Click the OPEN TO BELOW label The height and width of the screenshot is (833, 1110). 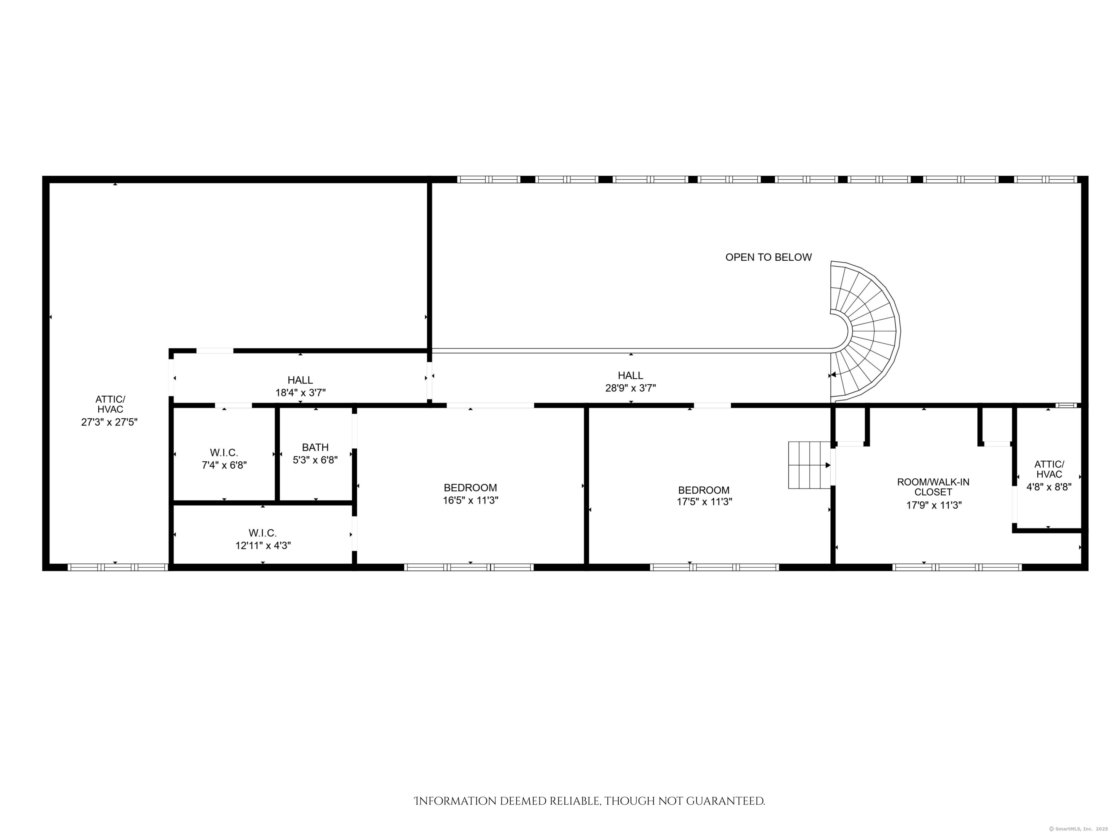[x=768, y=257]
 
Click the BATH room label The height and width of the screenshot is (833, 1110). [x=315, y=447]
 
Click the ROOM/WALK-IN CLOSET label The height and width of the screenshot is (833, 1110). [x=933, y=487]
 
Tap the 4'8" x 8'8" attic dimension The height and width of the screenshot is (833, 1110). [x=1049, y=487]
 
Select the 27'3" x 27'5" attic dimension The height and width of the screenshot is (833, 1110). [x=109, y=422]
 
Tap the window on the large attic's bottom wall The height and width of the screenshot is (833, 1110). [x=117, y=567]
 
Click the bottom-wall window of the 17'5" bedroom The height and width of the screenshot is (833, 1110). [x=715, y=567]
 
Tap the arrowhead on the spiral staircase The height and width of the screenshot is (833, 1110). [x=833, y=374]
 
